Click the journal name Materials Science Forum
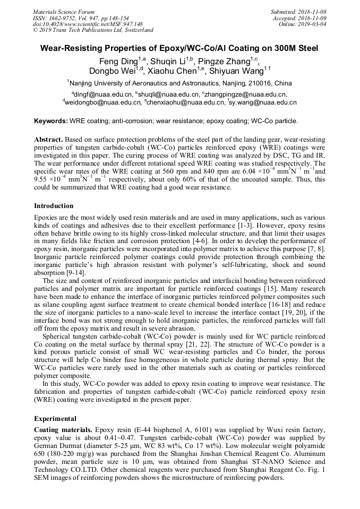pyautogui.click(x=64, y=11)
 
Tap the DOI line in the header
pyautogui.click(x=88, y=24)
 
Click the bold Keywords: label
pyautogui.click(x=51, y=121)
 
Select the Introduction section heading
pyautogui.click(x=54, y=206)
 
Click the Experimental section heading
pyautogui.click(x=55, y=418)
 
